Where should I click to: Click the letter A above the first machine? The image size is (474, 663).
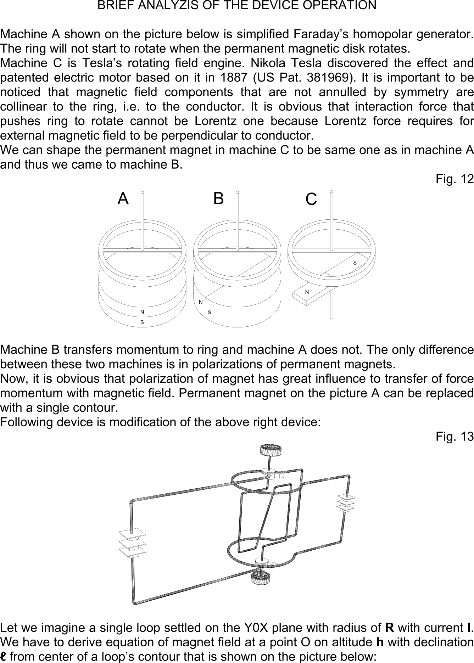point(123,199)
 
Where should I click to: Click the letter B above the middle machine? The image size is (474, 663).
point(218,198)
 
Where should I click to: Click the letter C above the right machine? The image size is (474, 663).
point(311,199)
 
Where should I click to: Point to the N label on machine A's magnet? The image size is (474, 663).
point(142,312)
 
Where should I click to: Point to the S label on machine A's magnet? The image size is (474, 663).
point(142,322)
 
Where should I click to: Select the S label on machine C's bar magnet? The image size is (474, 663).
point(355,263)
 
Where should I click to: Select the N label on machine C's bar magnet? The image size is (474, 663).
point(307,292)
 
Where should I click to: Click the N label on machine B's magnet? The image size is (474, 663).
point(201,302)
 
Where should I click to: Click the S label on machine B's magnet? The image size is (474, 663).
point(210,313)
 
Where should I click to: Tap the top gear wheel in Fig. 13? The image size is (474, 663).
point(270,450)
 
